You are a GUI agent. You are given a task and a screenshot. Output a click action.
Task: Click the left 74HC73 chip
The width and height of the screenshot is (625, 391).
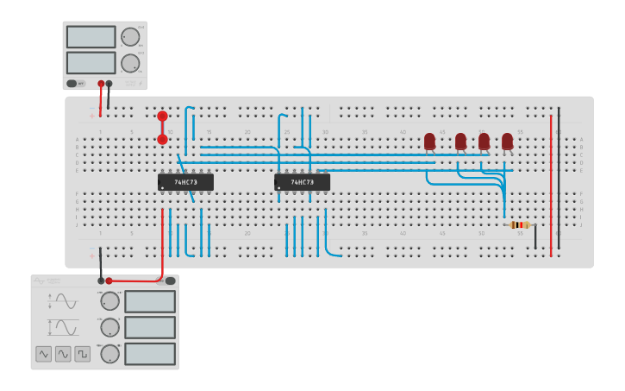[185, 182]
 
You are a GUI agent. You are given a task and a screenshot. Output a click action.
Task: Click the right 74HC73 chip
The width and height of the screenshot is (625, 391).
[302, 182]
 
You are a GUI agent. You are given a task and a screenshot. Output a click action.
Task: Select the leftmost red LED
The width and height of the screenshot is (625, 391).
[429, 141]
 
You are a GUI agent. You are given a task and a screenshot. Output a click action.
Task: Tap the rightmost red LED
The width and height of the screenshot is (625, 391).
[507, 141]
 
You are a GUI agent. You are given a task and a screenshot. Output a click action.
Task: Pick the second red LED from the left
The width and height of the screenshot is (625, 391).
[460, 141]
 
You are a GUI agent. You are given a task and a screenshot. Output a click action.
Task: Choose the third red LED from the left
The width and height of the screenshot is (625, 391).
[484, 141]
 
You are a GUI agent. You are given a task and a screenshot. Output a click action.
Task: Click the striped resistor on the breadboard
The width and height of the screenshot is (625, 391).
[520, 224]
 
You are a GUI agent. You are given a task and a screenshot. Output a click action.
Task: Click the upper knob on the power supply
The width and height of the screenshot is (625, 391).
[129, 37]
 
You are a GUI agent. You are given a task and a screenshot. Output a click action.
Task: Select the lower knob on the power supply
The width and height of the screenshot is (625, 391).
[129, 63]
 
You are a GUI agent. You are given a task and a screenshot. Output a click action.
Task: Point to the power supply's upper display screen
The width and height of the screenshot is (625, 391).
[91, 37]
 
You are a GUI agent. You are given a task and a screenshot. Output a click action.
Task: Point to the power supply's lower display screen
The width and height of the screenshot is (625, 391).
[91, 63]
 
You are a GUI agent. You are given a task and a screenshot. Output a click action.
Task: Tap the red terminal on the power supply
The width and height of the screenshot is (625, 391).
[101, 84]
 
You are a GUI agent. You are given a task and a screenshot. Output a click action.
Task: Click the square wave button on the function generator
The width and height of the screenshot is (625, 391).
[82, 354]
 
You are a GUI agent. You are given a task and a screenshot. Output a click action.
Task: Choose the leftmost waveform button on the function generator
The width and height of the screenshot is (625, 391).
[44, 354]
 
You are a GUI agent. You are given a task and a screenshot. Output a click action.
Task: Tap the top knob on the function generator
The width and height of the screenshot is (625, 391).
[109, 301]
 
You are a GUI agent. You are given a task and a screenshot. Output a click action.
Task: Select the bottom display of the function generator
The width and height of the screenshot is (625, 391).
[150, 354]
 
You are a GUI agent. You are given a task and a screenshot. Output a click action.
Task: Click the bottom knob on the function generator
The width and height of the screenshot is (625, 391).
[109, 354]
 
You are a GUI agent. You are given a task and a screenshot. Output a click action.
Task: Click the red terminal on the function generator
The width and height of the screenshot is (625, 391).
[109, 281]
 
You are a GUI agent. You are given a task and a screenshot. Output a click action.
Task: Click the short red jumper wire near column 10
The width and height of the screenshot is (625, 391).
[162, 128]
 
